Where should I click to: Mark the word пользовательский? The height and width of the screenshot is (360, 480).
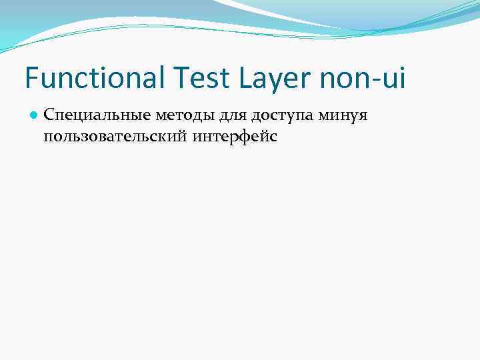coord(114,137)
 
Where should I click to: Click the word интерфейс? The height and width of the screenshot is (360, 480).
coord(235,137)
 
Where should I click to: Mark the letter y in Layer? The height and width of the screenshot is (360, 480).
coord(275,83)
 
